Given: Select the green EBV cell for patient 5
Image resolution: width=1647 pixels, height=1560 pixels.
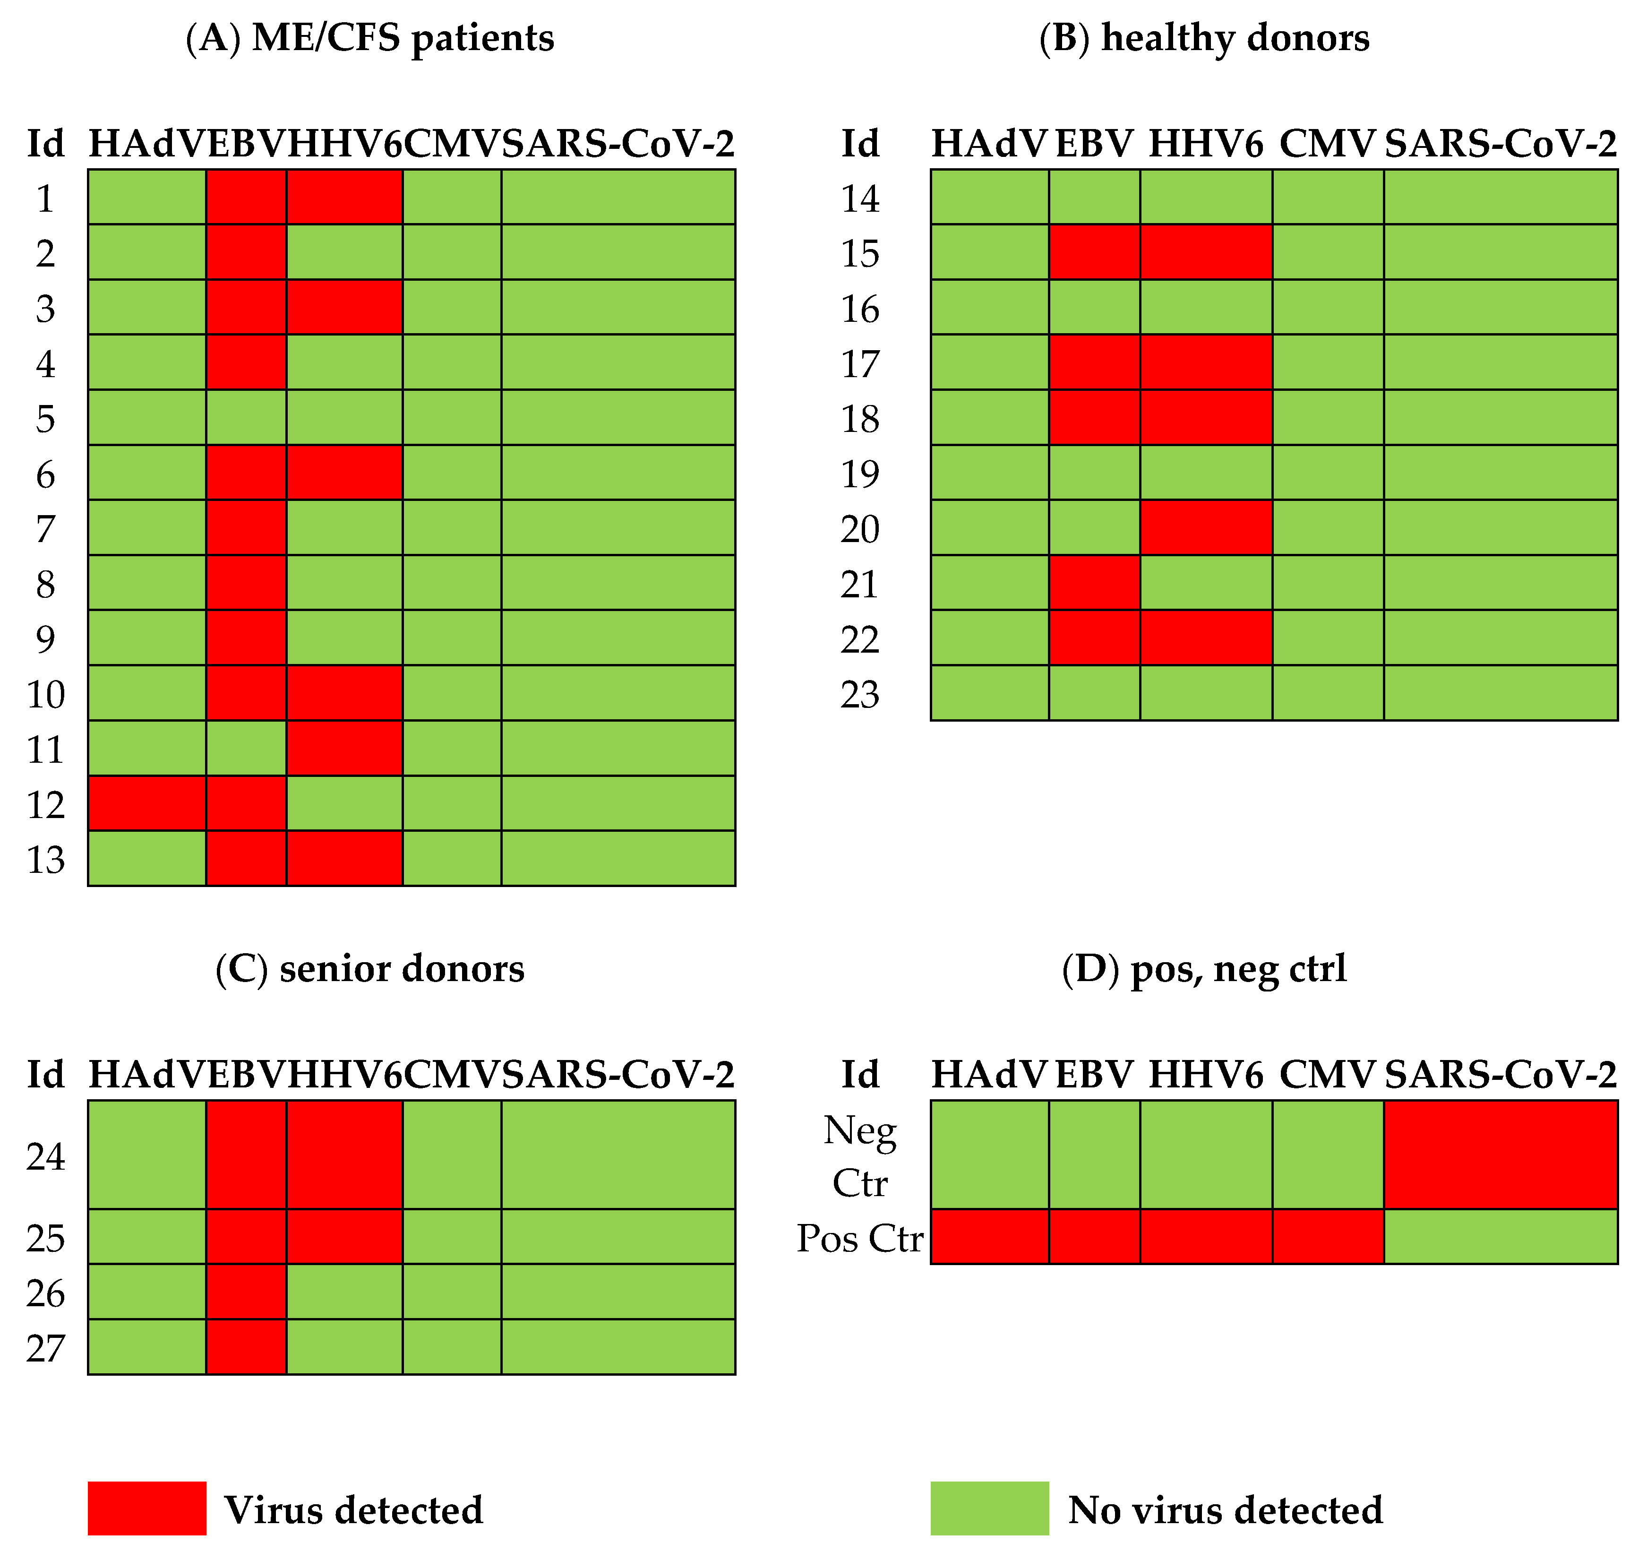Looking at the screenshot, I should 246,417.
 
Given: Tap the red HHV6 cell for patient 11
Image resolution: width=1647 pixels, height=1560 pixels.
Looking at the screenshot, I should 344,749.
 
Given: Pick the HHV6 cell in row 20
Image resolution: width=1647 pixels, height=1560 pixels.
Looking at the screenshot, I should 1206,527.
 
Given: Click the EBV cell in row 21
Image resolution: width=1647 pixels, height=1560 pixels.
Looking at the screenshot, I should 1094,583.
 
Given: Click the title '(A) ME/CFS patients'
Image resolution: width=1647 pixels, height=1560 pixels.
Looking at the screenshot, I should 370,38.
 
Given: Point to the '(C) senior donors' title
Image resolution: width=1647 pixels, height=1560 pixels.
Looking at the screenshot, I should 370,969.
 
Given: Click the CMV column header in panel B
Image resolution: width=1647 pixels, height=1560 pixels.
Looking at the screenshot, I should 1328,144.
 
